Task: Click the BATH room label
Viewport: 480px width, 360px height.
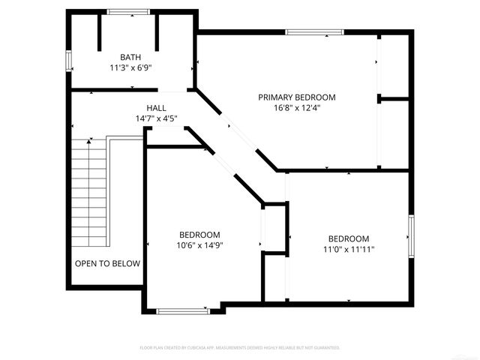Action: click(x=131, y=57)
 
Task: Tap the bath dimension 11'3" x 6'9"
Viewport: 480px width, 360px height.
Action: click(x=131, y=67)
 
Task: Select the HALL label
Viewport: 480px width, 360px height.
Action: click(x=156, y=108)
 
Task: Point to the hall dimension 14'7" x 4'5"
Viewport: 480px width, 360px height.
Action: click(x=156, y=118)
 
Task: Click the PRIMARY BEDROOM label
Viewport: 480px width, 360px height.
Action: click(x=296, y=97)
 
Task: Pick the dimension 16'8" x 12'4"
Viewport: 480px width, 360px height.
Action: click(x=296, y=108)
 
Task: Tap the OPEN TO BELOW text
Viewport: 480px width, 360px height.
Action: click(x=107, y=263)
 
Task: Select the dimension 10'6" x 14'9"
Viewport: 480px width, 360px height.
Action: click(x=199, y=244)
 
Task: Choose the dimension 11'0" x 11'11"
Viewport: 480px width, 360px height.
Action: click(x=348, y=250)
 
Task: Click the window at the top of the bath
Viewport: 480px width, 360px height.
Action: click(x=127, y=12)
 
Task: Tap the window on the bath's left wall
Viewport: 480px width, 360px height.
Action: click(x=69, y=61)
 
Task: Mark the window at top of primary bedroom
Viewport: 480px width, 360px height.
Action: click(x=313, y=32)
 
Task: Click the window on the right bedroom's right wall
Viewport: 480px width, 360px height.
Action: click(x=410, y=237)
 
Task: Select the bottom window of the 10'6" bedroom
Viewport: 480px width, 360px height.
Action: click(x=183, y=309)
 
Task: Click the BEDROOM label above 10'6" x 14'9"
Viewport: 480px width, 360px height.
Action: click(x=199, y=234)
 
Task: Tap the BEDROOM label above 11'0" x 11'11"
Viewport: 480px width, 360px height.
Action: click(x=348, y=239)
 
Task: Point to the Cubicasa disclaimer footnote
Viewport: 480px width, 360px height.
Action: click(x=240, y=348)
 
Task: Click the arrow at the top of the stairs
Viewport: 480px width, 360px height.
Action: click(x=90, y=140)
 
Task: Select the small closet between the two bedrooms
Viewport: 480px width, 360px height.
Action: click(x=274, y=229)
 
